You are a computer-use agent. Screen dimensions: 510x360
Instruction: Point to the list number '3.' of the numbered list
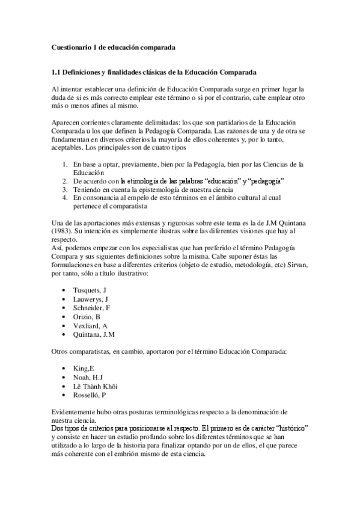point(66,188)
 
